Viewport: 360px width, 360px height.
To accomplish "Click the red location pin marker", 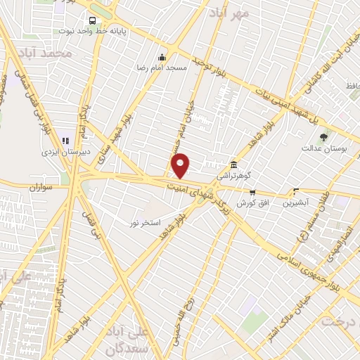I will [x=181, y=165].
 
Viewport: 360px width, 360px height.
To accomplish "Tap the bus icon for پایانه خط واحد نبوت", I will [x=92, y=20].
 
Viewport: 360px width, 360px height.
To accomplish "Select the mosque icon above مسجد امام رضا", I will [x=162, y=58].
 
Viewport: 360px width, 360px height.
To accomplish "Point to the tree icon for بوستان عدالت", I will [x=323, y=137].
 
